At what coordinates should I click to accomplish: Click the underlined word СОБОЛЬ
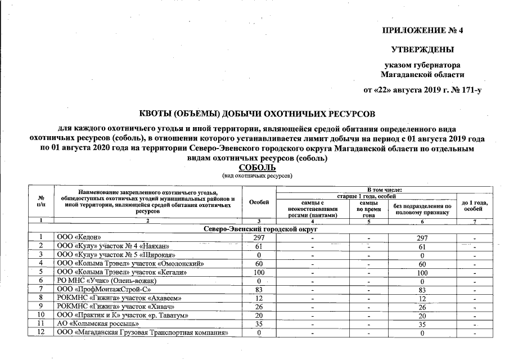coord(257,168)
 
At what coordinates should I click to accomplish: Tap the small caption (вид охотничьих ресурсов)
coord(257,175)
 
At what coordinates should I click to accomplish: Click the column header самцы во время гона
coord(369,208)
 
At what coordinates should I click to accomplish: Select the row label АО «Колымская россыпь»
coord(98,324)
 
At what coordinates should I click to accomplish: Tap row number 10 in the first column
coord(40,316)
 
